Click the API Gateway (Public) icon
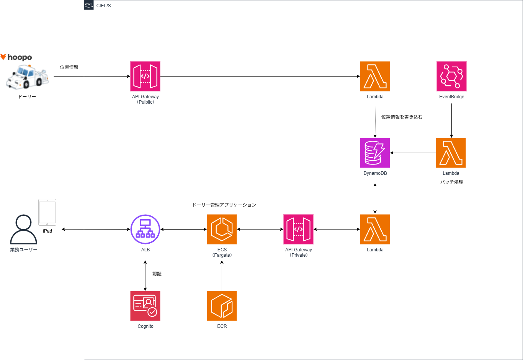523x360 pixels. [145, 77]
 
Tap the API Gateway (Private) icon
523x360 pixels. [298, 229]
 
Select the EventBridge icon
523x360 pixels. [451, 77]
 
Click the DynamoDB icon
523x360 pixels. [375, 153]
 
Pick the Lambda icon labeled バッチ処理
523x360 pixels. [451, 153]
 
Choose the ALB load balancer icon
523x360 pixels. [145, 229]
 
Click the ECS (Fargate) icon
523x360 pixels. [222, 229]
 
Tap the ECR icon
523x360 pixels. [222, 306]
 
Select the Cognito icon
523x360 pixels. [145, 306]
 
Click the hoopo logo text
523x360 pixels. [19, 57]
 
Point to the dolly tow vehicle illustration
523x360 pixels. [27, 77]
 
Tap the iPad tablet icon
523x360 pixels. [47, 212]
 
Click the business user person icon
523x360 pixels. [23, 230]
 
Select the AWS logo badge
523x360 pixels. [89, 5]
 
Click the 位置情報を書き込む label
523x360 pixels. [402, 117]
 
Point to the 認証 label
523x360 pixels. [157, 274]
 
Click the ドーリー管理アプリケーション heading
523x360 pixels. [224, 205]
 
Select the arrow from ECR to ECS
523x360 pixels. [222, 275]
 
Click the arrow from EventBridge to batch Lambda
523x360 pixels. [451, 121]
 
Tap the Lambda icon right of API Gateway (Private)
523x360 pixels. [375, 229]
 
